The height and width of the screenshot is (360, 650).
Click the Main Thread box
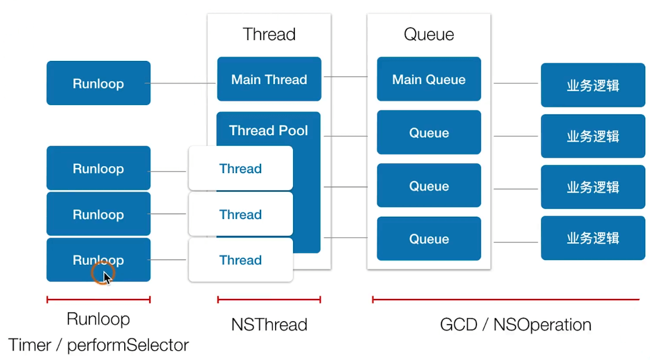[269, 80]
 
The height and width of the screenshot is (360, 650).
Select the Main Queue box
[429, 80]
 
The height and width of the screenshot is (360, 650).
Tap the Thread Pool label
[269, 131]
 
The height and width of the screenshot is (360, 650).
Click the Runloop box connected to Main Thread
[98, 84]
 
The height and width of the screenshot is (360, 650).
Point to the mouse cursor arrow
[107, 277]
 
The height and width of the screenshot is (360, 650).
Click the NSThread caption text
[269, 325]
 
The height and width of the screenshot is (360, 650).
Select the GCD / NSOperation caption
[516, 325]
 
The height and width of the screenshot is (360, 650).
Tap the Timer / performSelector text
[99, 345]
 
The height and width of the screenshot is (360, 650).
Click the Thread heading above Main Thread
[269, 34]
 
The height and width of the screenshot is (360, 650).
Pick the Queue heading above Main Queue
[429, 34]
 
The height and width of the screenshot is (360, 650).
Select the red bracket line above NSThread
[269, 300]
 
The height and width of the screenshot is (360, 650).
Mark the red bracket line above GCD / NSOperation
[505, 300]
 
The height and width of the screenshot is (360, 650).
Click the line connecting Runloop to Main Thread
[183, 84]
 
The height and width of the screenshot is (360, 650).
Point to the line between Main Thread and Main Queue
[345, 76]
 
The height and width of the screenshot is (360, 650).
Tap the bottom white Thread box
[240, 260]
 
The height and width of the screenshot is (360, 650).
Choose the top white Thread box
[240, 169]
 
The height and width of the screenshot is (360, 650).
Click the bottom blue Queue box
[429, 239]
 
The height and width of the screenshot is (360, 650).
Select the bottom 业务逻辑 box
[593, 238]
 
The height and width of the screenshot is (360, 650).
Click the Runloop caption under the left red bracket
[98, 319]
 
